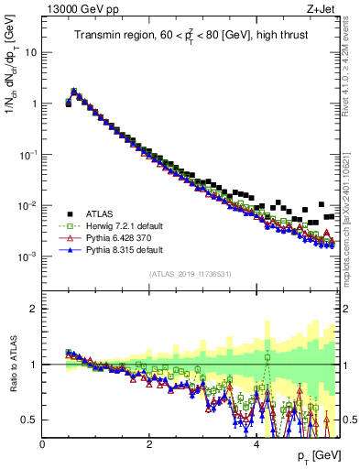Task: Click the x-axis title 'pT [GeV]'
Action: pos(313,455)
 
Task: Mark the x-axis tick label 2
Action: pos(149,444)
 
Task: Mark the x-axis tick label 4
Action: pos(256,444)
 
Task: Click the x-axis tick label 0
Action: pos(43,444)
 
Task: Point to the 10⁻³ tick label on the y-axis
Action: pos(27,257)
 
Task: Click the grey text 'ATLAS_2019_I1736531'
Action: pos(191,274)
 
